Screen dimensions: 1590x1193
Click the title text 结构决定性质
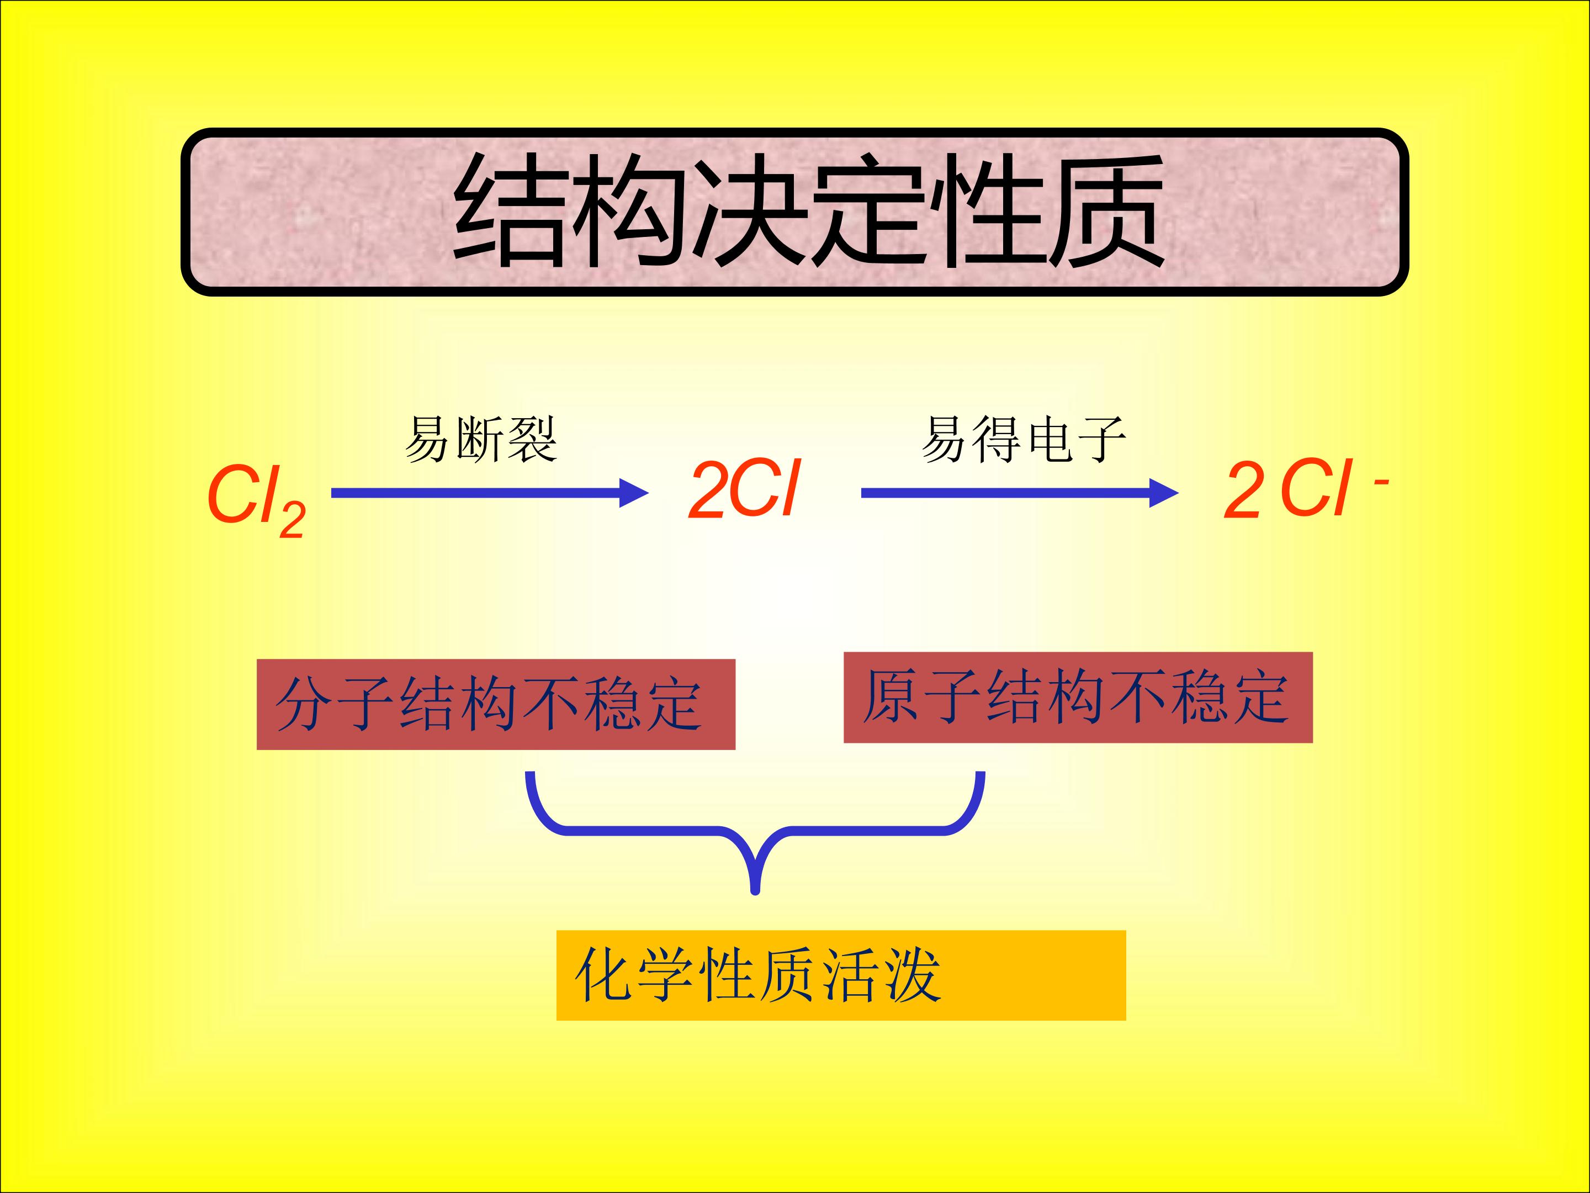809,210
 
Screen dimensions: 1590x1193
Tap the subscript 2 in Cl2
293,519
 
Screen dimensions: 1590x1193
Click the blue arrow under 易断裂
490,493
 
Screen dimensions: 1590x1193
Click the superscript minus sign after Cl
1381,483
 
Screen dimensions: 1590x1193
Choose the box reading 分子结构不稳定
496,705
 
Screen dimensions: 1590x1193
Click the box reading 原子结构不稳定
1078,698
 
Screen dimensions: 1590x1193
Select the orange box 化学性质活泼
841,975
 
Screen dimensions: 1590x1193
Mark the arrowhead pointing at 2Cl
635,493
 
